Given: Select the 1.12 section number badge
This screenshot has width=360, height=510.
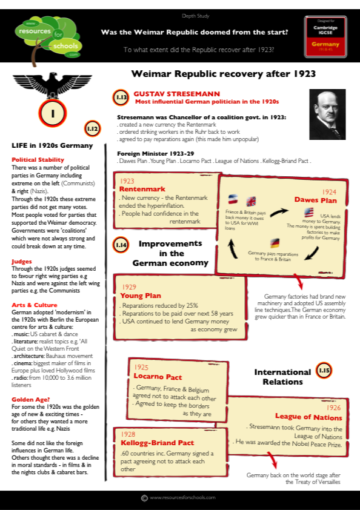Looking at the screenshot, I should pos(93,129).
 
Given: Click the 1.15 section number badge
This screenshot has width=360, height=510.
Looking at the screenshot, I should pos(324,370).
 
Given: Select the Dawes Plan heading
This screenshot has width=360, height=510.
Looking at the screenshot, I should pos(315,199).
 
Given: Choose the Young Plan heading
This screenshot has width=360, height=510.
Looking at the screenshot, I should pos(141,296).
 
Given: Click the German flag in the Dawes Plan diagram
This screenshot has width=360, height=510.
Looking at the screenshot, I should pos(275,243).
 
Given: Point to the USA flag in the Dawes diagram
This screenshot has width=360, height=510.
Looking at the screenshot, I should pos(308,212).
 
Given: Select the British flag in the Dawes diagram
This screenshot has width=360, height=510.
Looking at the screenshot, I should pos(250,201).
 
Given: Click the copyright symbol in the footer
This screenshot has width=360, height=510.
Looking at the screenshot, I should pos(144,498).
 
